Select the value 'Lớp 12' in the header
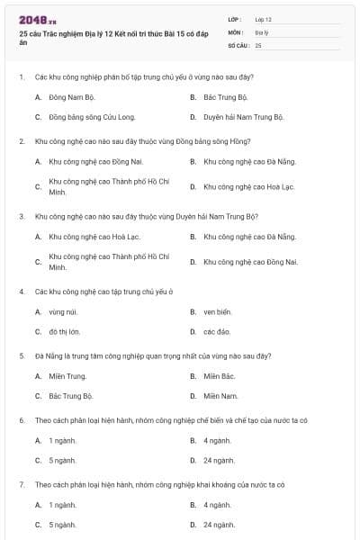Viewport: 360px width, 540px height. pyautogui.click(x=263, y=19)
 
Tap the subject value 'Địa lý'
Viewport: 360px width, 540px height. pyautogui.click(x=262, y=31)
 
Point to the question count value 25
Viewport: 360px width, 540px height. pyautogui.click(x=258, y=44)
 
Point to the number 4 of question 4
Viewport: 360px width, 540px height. pyautogui.click(x=21, y=292)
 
